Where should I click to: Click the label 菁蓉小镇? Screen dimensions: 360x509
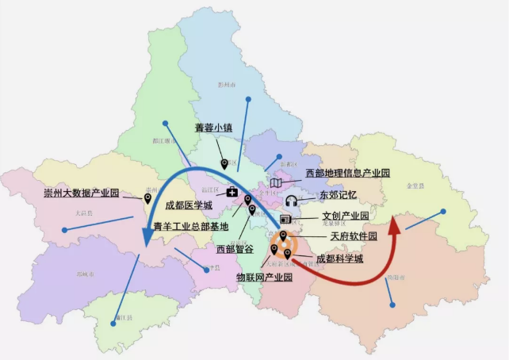(x=212, y=128)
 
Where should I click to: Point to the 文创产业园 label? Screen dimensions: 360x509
(x=345, y=216)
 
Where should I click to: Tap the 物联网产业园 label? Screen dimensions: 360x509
(x=264, y=278)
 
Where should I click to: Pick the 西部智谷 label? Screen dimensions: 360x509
(x=236, y=248)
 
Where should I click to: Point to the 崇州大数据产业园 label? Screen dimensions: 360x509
(x=81, y=193)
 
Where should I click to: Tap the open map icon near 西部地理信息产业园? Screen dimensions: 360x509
(x=275, y=183)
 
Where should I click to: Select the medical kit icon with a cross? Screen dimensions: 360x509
(x=232, y=192)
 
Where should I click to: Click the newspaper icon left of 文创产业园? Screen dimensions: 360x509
(x=285, y=219)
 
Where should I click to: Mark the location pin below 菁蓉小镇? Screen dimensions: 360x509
(x=224, y=164)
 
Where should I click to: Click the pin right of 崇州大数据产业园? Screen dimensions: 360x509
(x=148, y=198)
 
